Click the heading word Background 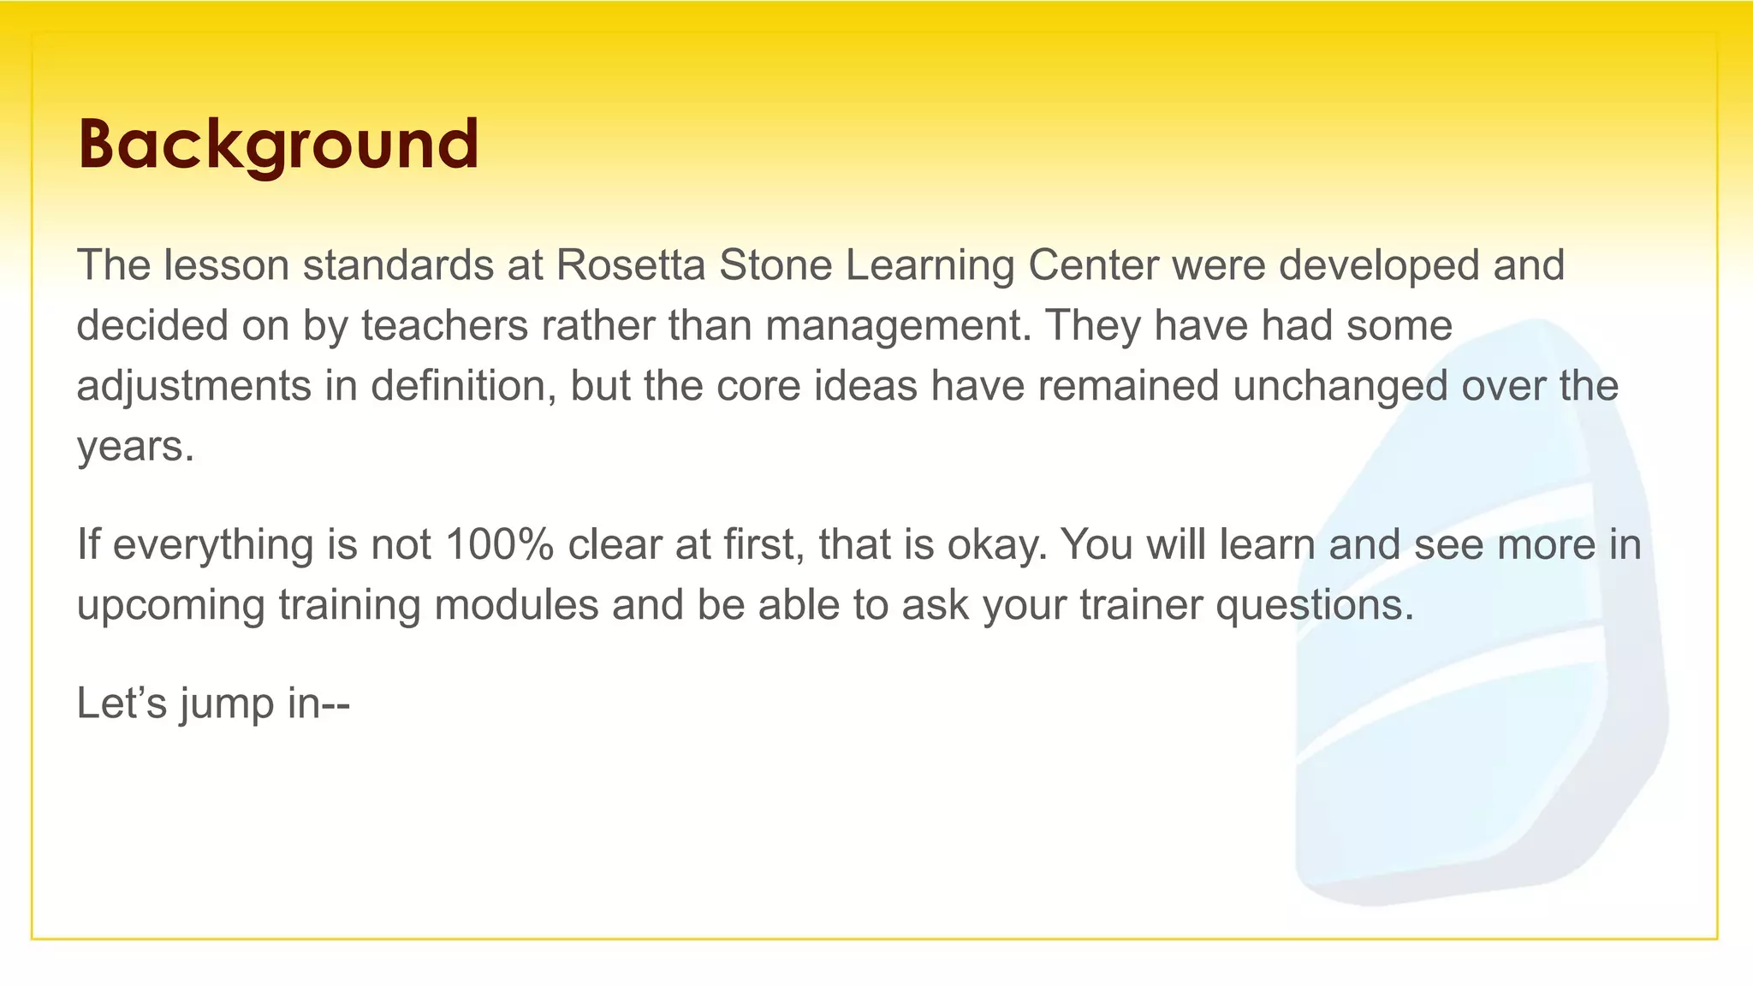click(278, 144)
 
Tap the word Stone click(775, 265)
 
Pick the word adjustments click(193, 386)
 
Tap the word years click(135, 447)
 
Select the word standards click(398, 265)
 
